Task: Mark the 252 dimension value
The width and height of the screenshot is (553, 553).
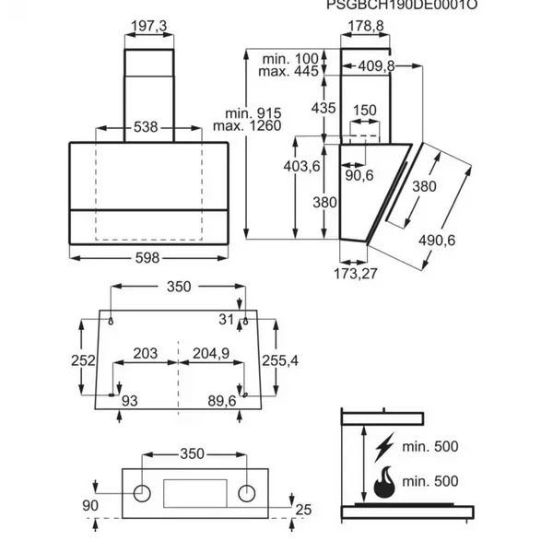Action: click(x=83, y=360)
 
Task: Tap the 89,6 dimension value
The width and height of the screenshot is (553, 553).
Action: click(x=222, y=401)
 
